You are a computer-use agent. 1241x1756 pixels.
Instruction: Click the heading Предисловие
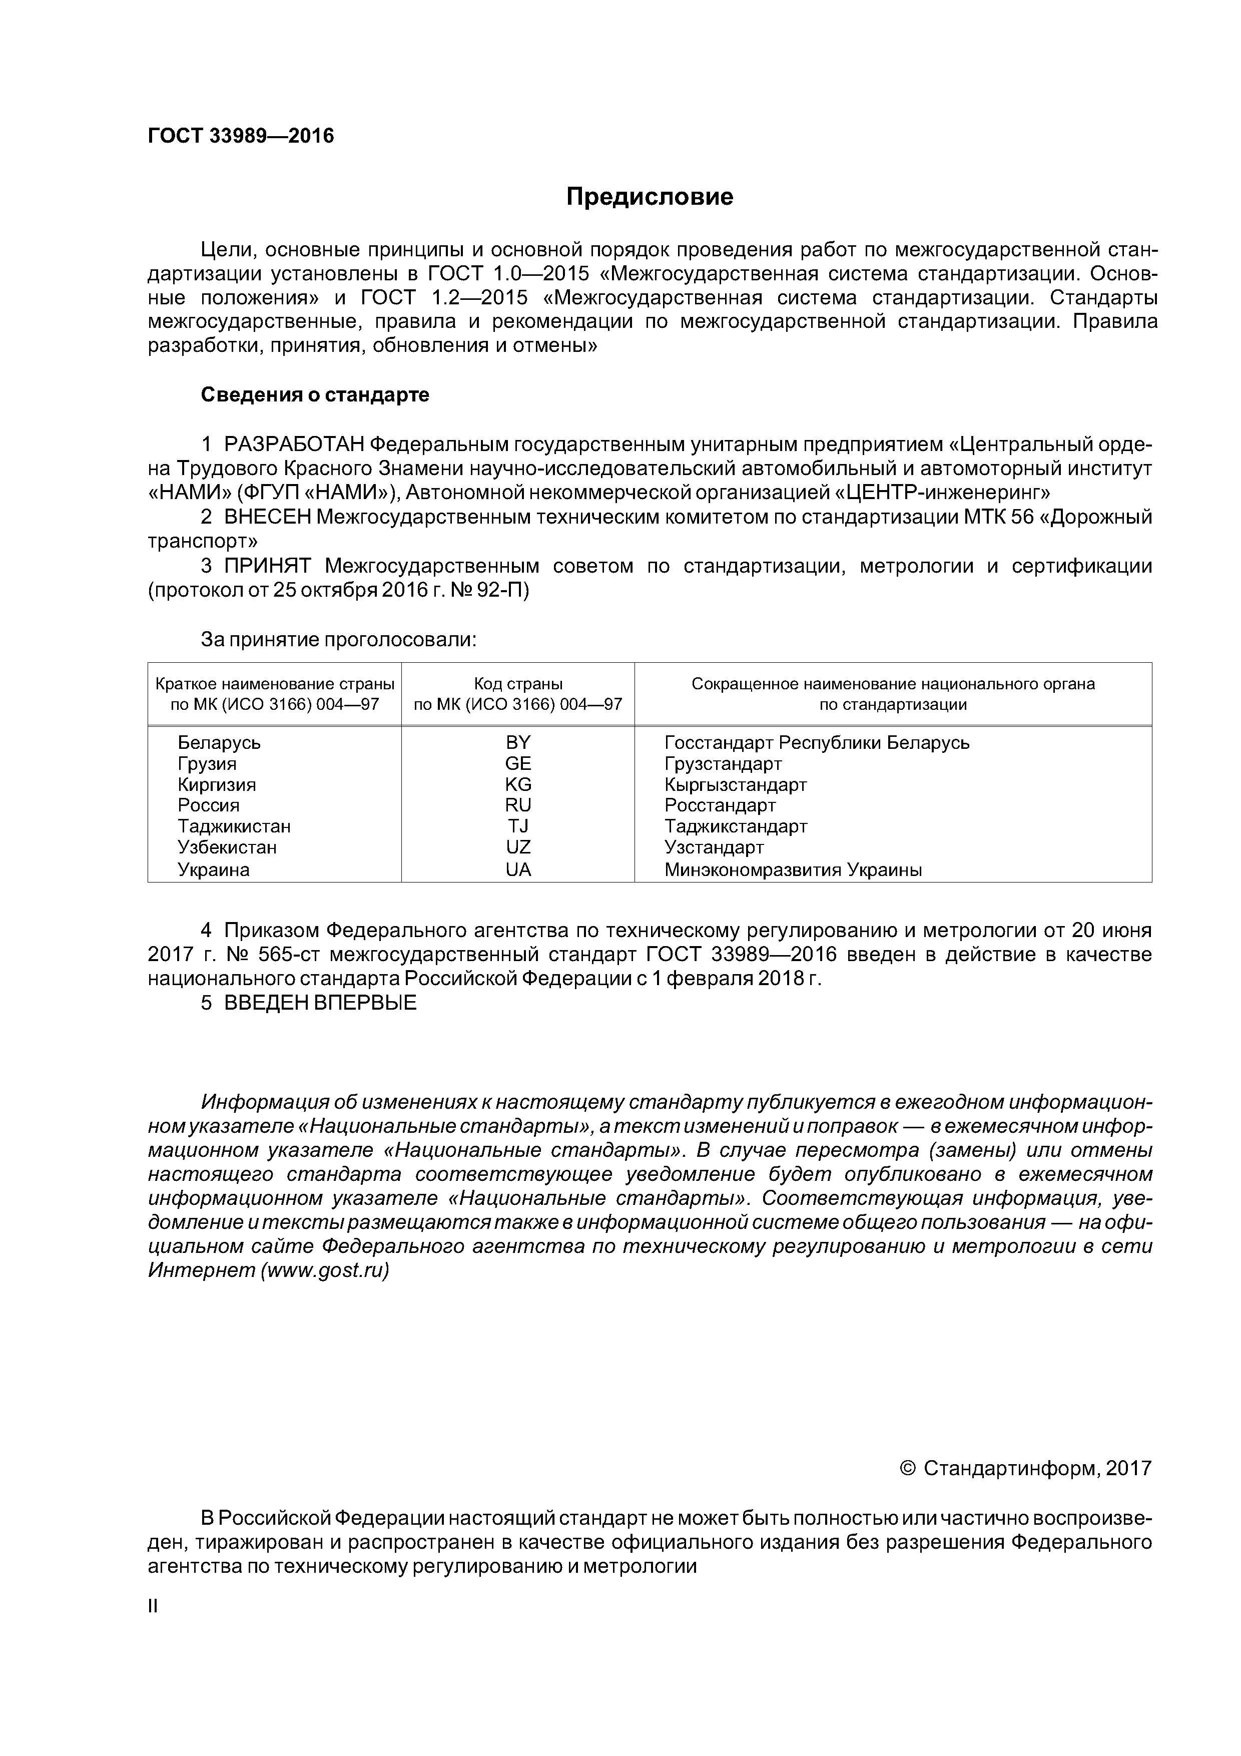point(649,197)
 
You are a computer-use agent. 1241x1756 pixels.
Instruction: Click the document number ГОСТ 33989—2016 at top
point(241,136)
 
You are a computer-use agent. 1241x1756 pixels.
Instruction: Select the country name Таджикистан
point(234,827)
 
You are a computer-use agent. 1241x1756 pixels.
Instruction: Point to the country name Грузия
point(207,764)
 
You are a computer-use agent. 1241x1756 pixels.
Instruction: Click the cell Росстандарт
point(720,805)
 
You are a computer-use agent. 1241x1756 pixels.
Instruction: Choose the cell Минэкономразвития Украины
point(793,869)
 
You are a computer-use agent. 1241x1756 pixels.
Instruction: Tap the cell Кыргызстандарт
point(736,785)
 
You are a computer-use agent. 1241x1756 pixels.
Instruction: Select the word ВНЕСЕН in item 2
point(268,518)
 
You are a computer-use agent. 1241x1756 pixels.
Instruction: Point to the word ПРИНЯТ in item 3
point(268,567)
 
